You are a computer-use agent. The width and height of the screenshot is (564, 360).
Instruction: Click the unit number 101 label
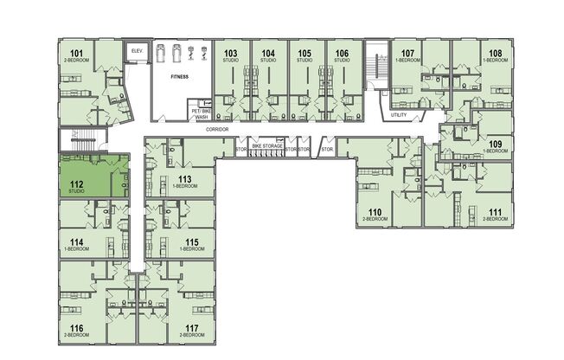tap(76, 55)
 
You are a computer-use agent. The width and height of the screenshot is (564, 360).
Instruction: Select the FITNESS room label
tap(179, 76)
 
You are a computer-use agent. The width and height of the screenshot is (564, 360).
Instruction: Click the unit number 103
tap(230, 54)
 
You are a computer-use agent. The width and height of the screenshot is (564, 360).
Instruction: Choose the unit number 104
tap(268, 54)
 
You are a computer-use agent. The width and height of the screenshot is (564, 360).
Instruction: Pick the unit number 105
tap(304, 54)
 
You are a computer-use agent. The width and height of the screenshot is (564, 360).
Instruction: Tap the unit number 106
tap(342, 54)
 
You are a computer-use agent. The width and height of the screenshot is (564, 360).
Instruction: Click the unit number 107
tap(408, 54)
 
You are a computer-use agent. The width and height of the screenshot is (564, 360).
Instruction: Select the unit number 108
tap(495, 54)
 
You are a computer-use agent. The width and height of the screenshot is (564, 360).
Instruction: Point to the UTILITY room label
tap(399, 114)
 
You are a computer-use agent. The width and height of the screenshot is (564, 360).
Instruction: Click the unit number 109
tap(495, 144)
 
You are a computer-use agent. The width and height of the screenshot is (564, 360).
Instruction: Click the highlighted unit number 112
tap(76, 183)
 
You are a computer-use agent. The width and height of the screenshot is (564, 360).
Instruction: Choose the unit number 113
tap(184, 179)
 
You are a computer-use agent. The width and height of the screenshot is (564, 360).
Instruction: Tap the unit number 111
tap(495, 212)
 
